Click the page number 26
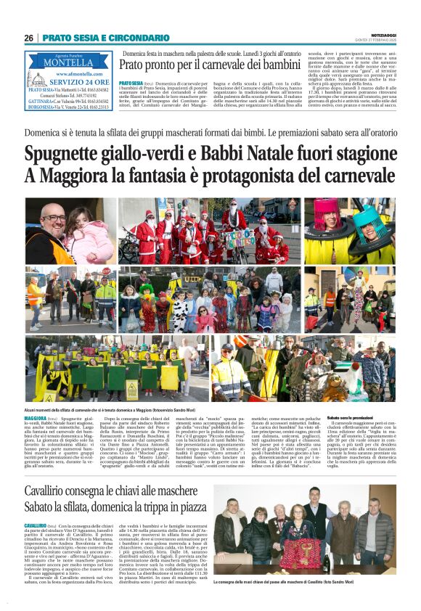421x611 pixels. (28, 38)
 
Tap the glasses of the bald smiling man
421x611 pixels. (53, 218)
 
